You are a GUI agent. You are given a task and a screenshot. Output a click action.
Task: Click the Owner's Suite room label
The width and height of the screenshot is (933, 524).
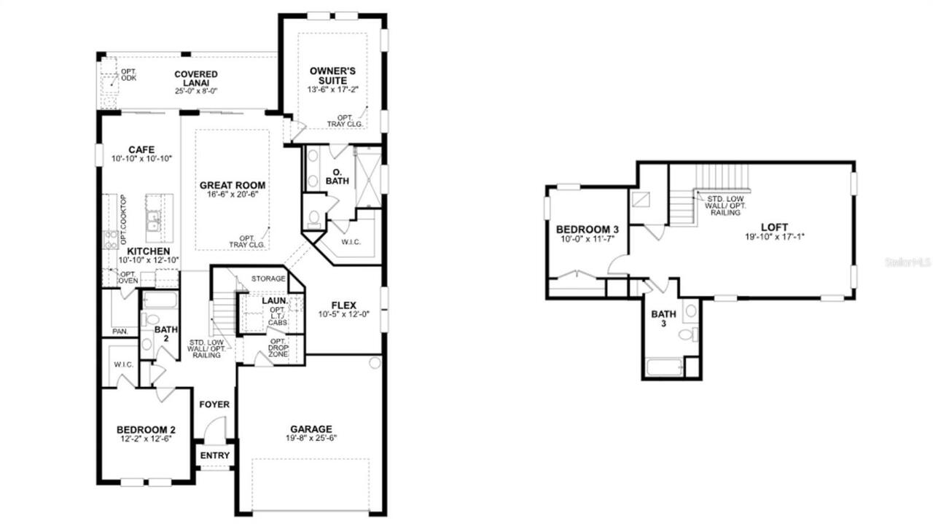332,76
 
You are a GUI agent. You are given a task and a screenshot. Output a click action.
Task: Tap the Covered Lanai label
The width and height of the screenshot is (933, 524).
195,79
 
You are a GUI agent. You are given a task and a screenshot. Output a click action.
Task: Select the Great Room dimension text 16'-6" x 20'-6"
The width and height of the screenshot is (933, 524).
233,196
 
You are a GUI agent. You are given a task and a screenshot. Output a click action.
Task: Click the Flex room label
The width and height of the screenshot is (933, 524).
343,305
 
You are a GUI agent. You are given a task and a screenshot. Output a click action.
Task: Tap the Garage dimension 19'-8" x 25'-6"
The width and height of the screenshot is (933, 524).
311,438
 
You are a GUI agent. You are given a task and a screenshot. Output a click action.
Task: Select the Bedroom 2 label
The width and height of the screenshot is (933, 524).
146,429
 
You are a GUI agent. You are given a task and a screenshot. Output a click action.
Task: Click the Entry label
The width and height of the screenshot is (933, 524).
214,455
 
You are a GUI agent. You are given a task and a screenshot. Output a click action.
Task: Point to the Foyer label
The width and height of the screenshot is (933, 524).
214,404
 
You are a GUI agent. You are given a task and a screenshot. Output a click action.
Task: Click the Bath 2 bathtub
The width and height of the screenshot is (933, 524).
157,300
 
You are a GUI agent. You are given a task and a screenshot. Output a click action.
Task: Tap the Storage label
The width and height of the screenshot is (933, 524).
268,278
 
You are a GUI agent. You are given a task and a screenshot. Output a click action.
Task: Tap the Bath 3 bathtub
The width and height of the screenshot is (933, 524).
665,367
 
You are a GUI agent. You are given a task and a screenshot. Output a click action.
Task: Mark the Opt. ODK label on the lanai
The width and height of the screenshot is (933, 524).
129,74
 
